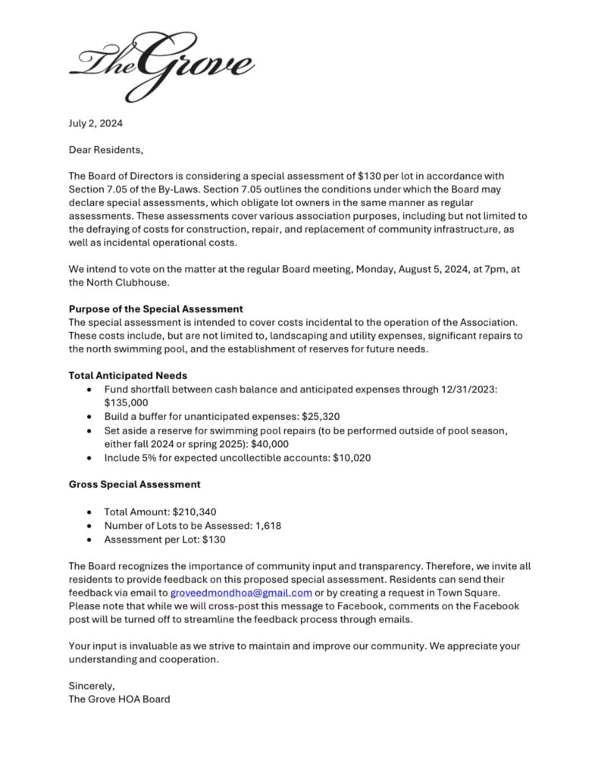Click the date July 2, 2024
pyautogui.click(x=95, y=123)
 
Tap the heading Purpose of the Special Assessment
pyautogui.click(x=155, y=308)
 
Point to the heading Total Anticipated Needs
pyautogui.click(x=127, y=375)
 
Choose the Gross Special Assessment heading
pyautogui.click(x=134, y=484)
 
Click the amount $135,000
pyautogui.click(x=127, y=402)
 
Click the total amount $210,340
pyautogui.click(x=195, y=512)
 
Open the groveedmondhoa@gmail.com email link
pyautogui.click(x=241, y=593)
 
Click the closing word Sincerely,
pyautogui.click(x=92, y=685)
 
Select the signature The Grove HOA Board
pyautogui.click(x=119, y=699)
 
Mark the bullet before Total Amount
pyautogui.click(x=90, y=512)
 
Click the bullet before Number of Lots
pyautogui.click(x=90, y=526)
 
